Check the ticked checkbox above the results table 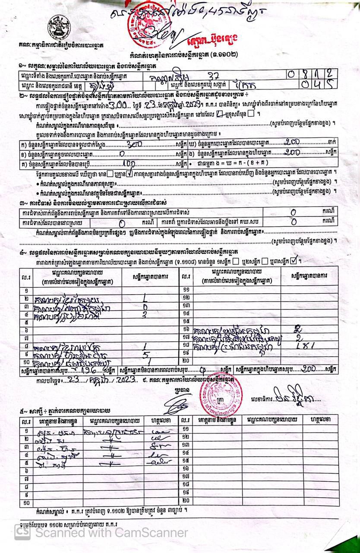294,261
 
